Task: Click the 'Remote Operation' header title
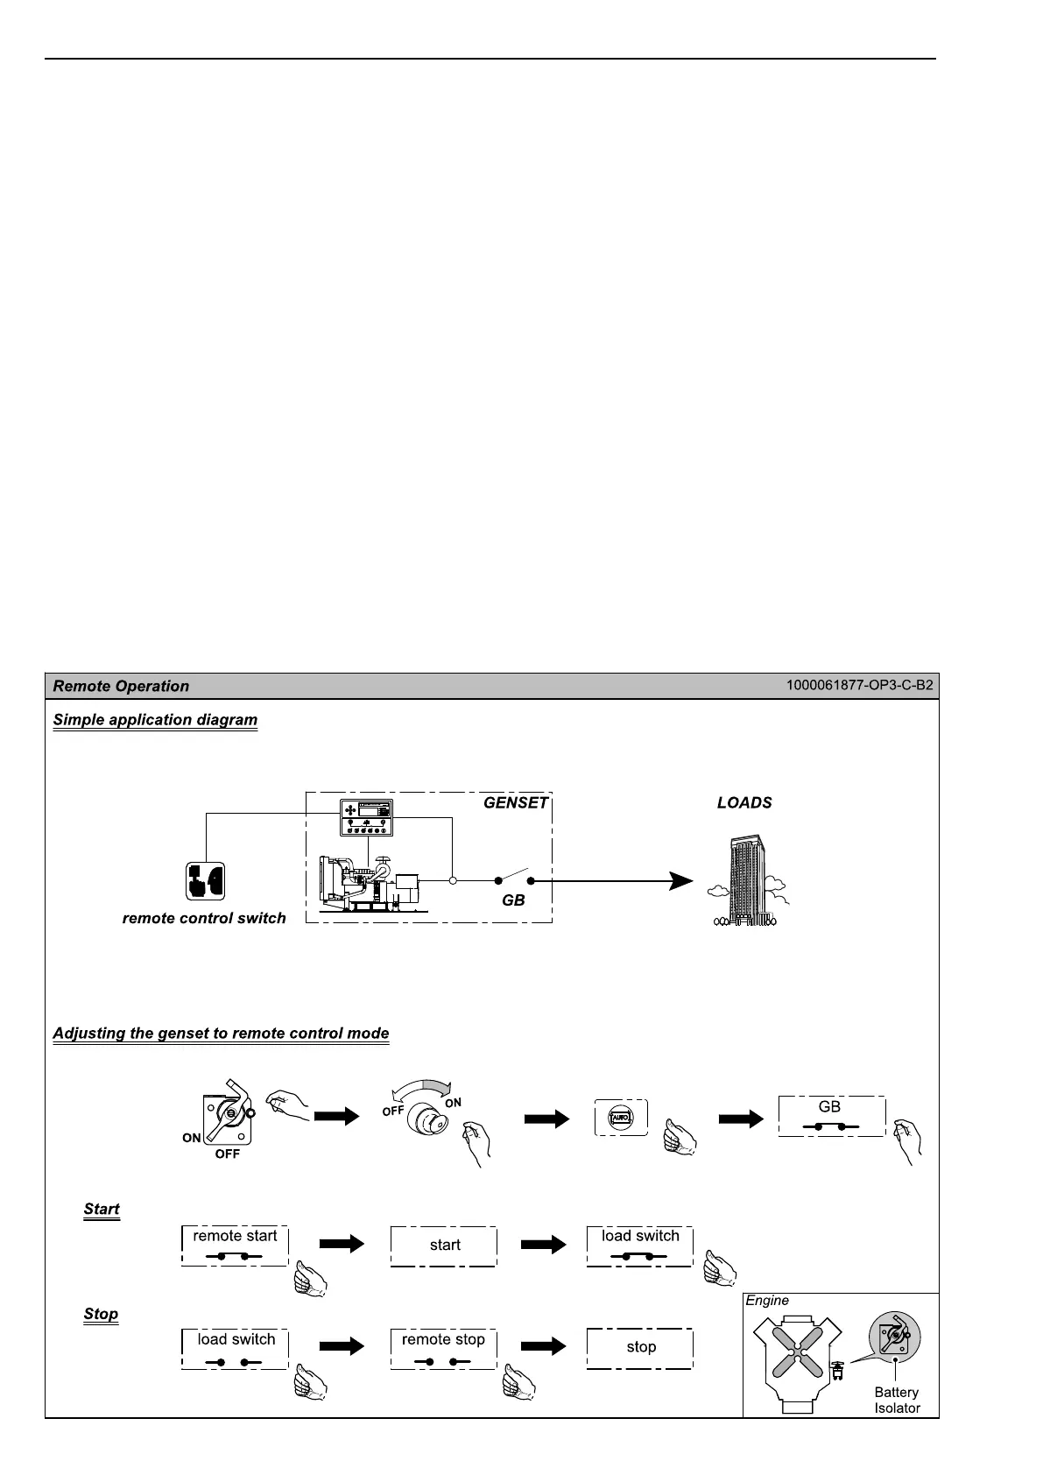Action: [x=121, y=687]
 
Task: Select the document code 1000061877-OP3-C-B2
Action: [x=859, y=685]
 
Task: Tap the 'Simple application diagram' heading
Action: [x=155, y=720]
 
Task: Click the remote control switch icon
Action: [x=205, y=881]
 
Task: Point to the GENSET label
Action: [x=516, y=802]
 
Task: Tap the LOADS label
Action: [x=744, y=803]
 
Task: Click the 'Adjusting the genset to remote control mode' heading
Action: [x=221, y=1034]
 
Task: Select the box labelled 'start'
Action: [x=444, y=1246]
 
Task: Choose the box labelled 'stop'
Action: [x=640, y=1348]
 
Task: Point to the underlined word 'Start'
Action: [x=102, y=1210]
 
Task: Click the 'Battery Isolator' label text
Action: [x=897, y=1400]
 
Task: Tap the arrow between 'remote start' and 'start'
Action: [x=342, y=1245]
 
